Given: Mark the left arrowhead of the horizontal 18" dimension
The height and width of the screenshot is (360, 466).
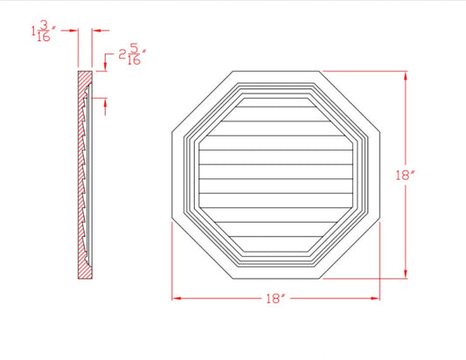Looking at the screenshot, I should [x=176, y=298].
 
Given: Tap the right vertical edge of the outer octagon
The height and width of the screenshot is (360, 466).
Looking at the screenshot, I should [x=382, y=175].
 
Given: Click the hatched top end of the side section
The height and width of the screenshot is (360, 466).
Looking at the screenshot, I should [x=83, y=79].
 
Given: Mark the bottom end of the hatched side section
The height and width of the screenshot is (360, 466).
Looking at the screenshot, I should [x=83, y=273].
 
